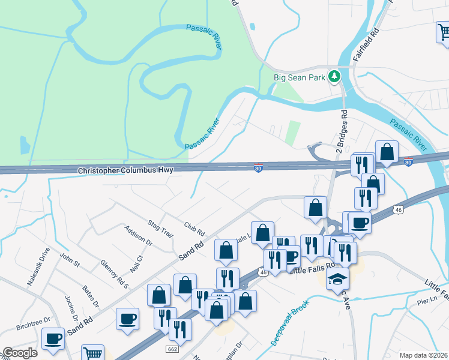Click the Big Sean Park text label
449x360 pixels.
[x=299, y=77]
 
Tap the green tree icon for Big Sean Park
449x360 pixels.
[x=335, y=77]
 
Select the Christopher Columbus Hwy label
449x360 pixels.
[x=125, y=170]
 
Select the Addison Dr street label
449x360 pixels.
[x=137, y=235]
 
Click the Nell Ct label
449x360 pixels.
[x=136, y=262]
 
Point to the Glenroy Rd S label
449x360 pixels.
[x=114, y=273]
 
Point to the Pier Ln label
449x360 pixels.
[x=429, y=299]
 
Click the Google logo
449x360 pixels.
[x=19, y=353]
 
